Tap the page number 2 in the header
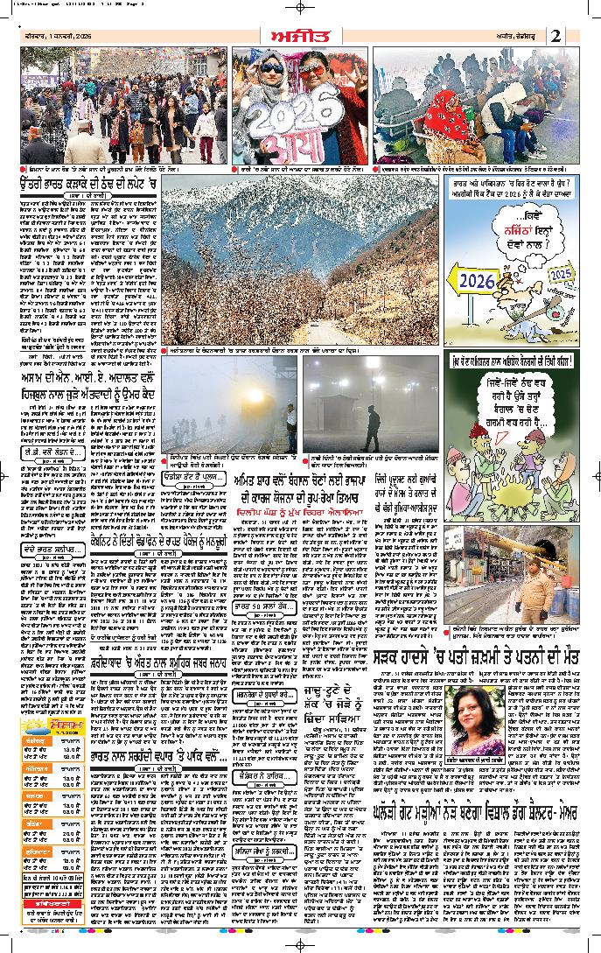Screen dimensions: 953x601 coord(556,35)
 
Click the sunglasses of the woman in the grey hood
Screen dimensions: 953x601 coord(271,67)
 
